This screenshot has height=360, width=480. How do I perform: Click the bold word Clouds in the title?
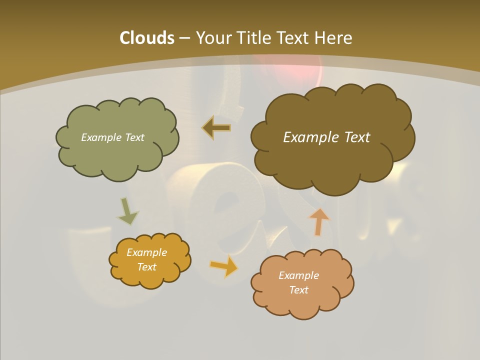point(147,38)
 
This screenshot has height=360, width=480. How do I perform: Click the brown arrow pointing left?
point(217,128)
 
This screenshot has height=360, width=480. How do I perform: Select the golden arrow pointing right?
point(224,266)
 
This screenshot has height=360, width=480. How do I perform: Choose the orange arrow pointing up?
point(318,221)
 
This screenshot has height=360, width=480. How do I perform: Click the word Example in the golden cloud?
point(147,252)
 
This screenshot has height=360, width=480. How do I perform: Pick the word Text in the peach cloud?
point(299,290)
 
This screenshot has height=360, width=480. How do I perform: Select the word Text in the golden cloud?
point(147,267)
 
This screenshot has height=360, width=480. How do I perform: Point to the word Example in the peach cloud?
point(299,275)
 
